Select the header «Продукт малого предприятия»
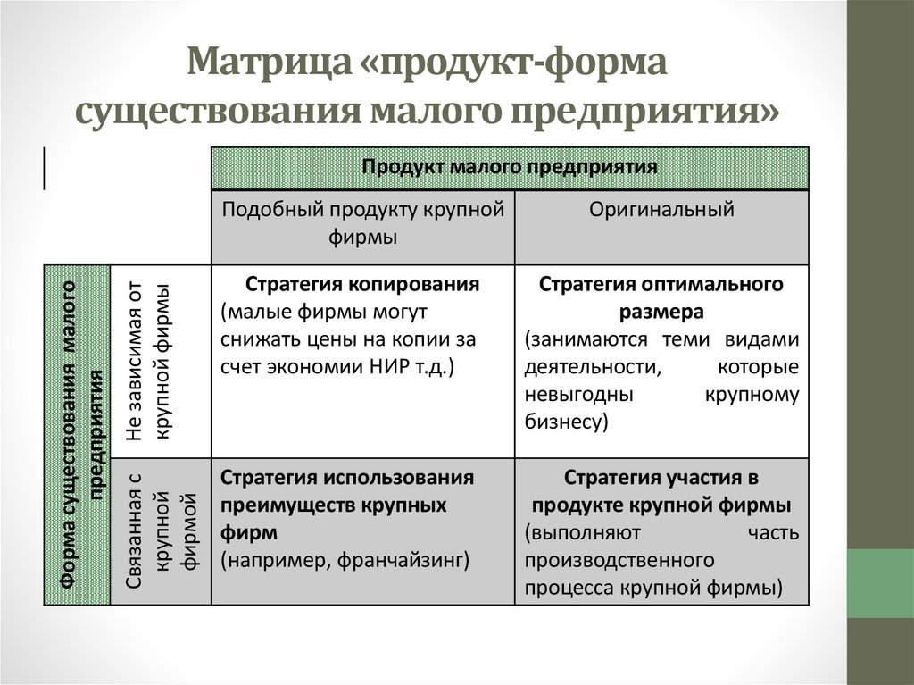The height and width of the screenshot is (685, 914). [510, 167]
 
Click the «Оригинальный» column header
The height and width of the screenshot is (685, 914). [661, 211]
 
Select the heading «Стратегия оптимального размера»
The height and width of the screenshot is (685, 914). [661, 299]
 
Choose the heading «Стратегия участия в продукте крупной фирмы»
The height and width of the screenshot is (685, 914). [661, 491]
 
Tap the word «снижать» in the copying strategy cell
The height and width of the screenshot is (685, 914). [253, 340]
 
